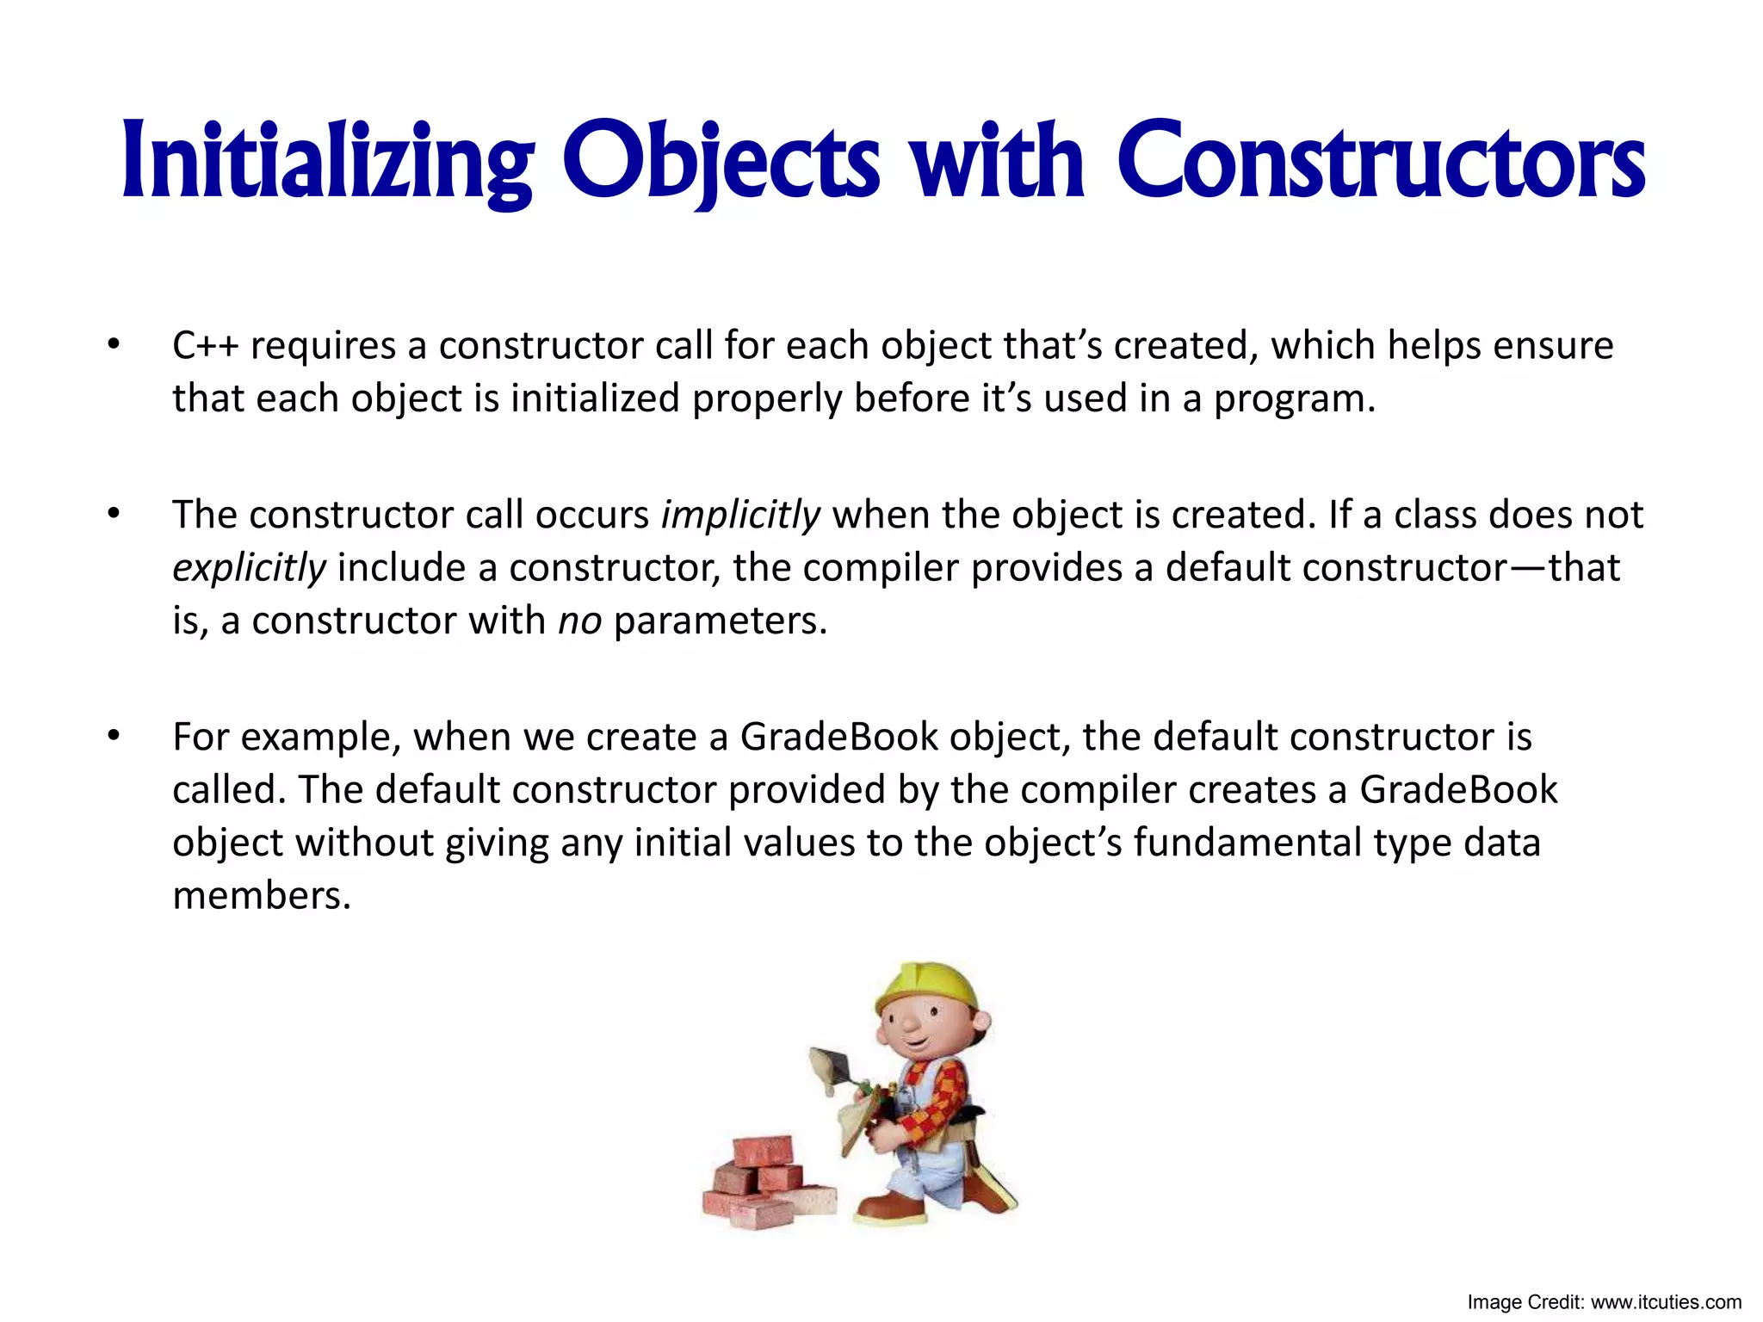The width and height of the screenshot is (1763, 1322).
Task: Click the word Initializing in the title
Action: [327, 162]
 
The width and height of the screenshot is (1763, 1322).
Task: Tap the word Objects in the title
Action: [721, 162]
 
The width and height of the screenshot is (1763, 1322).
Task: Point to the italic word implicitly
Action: [740, 515]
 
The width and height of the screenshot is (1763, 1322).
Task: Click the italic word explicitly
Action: [249, 568]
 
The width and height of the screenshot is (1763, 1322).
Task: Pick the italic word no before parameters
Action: [579, 621]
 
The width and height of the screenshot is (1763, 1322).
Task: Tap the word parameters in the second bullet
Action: [720, 621]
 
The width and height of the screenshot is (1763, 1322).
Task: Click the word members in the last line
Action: [262, 896]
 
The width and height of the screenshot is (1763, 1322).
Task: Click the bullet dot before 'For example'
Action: [113, 737]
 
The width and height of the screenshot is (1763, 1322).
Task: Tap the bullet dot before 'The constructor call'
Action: [113, 515]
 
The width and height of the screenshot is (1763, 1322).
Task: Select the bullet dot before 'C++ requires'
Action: [113, 346]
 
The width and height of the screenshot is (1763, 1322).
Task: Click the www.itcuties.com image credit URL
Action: [1666, 1302]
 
